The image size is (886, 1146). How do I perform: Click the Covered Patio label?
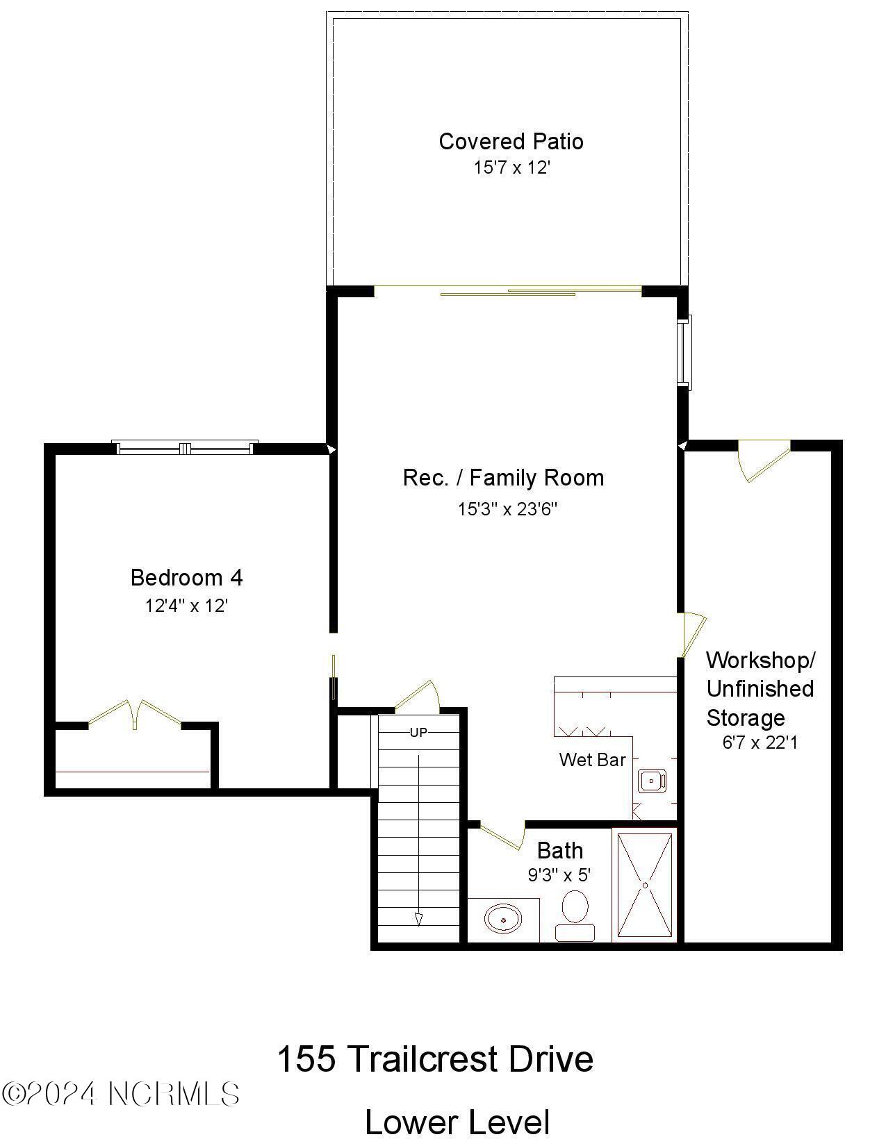[x=511, y=142]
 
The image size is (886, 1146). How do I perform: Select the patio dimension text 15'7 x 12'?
[x=511, y=168]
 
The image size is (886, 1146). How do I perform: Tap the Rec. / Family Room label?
[x=503, y=478]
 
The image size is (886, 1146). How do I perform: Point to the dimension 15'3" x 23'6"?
[x=507, y=510]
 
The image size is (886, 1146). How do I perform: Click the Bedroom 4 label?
[x=186, y=578]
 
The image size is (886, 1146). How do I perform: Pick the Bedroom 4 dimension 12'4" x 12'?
[x=186, y=606]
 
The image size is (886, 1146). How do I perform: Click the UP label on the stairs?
[x=418, y=733]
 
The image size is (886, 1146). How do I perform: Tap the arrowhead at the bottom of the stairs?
[x=418, y=920]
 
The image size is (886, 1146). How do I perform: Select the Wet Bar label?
[x=592, y=760]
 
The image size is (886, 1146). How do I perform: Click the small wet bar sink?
[x=652, y=781]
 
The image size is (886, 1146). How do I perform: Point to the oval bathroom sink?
[x=503, y=920]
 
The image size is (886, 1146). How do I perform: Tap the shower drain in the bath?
[x=645, y=886]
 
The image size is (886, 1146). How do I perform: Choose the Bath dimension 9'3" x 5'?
[x=559, y=875]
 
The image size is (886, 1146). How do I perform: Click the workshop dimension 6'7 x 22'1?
[x=760, y=743]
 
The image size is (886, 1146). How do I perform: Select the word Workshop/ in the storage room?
[x=761, y=660]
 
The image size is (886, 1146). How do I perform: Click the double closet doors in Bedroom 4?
[x=135, y=714]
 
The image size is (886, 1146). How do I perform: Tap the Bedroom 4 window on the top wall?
[x=185, y=448]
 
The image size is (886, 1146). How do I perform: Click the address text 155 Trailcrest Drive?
[x=435, y=1059]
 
